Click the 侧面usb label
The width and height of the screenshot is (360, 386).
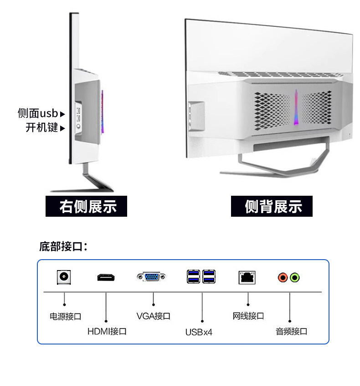[38, 113]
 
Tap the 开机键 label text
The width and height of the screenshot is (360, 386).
[41, 128]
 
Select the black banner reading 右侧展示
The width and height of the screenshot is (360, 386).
[87, 207]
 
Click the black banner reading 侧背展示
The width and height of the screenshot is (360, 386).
[273, 207]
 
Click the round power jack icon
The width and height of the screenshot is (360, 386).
[64, 277]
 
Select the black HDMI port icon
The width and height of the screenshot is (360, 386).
[106, 277]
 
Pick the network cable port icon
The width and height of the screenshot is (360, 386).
[247, 277]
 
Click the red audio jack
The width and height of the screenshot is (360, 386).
[283, 277]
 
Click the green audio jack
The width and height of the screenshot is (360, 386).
[294, 277]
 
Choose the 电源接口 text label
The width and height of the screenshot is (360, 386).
[65, 316]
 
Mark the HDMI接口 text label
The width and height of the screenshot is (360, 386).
[107, 331]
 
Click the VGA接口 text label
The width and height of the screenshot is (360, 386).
[153, 316]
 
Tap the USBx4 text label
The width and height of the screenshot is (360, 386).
[199, 332]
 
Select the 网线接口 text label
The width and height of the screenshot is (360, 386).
[248, 316]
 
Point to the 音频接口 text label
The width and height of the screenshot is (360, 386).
[291, 331]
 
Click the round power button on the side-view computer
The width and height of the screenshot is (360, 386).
[78, 125]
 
